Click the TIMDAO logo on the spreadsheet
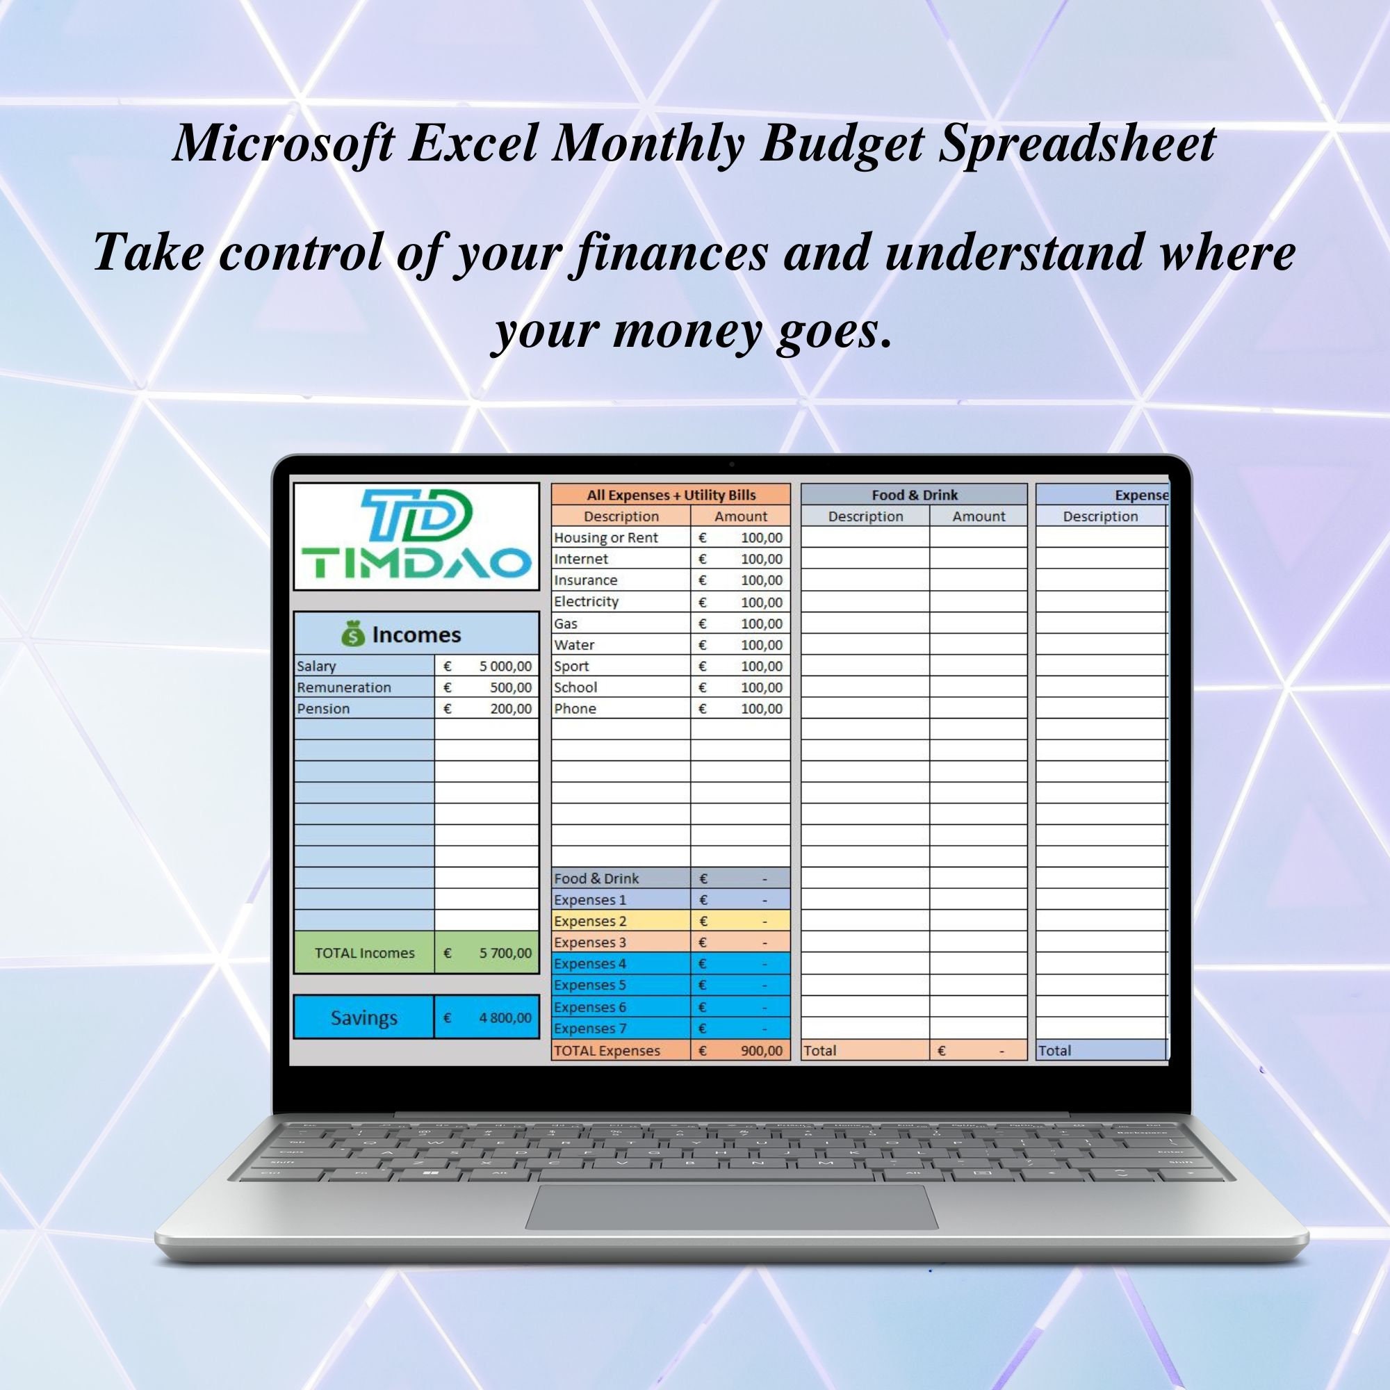[416, 536]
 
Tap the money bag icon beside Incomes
[353, 634]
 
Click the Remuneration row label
[344, 687]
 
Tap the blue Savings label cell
[363, 1017]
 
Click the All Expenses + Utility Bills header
[671, 495]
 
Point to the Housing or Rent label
[606, 537]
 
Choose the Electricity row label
[587, 601]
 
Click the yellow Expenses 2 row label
[590, 921]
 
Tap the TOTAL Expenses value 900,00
[761, 1050]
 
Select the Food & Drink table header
[914, 495]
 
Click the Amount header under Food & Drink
[979, 516]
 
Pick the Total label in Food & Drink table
[820, 1050]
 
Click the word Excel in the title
[473, 142]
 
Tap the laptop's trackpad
[731, 1207]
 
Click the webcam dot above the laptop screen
[732, 465]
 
